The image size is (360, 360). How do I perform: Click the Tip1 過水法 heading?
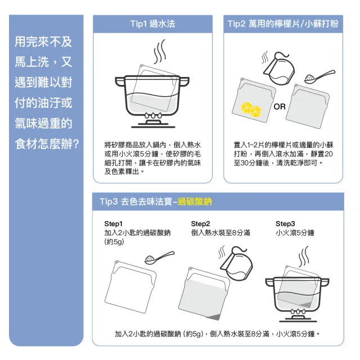tap(152, 24)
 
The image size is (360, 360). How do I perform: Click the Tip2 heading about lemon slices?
tap(283, 24)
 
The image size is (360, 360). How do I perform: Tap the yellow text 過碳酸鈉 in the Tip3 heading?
tap(195, 201)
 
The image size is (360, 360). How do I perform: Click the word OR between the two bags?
tap(280, 106)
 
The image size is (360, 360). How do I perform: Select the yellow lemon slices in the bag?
tap(251, 110)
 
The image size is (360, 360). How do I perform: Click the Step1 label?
tap(113, 224)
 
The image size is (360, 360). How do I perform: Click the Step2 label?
tap(200, 224)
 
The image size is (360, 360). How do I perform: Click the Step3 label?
tap(285, 224)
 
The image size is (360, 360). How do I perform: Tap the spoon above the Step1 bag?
tap(159, 258)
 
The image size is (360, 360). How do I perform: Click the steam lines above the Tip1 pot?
tap(160, 51)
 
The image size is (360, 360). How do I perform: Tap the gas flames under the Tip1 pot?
tap(152, 115)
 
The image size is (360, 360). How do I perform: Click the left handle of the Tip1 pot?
tap(120, 82)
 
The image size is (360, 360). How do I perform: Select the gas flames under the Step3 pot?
tap(298, 312)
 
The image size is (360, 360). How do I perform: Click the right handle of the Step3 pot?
tap(325, 282)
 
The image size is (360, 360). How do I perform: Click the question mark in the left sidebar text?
tap(75, 144)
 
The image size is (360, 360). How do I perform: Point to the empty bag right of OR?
tap(308, 106)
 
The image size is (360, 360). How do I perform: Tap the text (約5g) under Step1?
tap(114, 242)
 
